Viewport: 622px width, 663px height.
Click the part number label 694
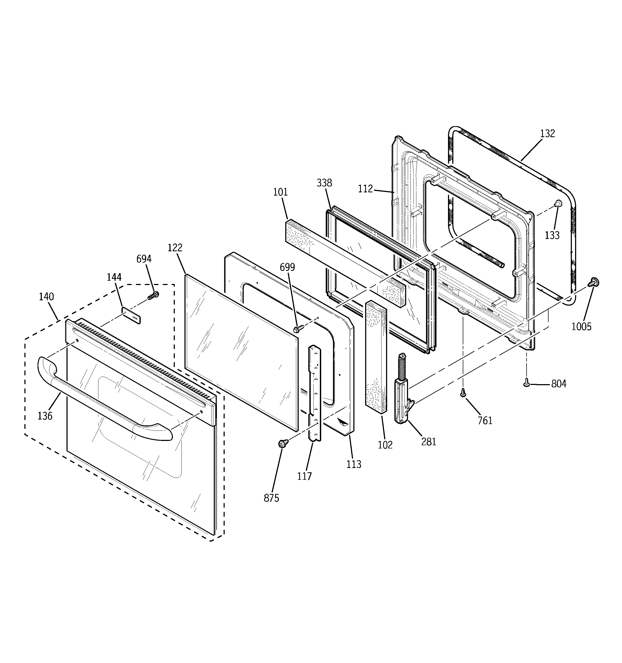(144, 259)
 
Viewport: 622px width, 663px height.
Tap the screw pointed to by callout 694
(154, 295)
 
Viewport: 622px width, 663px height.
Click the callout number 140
(46, 297)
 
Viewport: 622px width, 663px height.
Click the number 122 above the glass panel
(175, 248)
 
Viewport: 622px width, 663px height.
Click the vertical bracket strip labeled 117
(315, 394)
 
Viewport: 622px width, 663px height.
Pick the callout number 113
(354, 464)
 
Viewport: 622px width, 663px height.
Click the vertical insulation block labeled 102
(376, 357)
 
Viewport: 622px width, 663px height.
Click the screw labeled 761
(463, 393)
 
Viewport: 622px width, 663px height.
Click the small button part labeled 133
(557, 204)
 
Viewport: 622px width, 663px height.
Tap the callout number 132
(547, 133)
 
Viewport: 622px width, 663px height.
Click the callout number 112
(365, 189)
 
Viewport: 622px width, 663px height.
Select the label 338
(324, 183)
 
